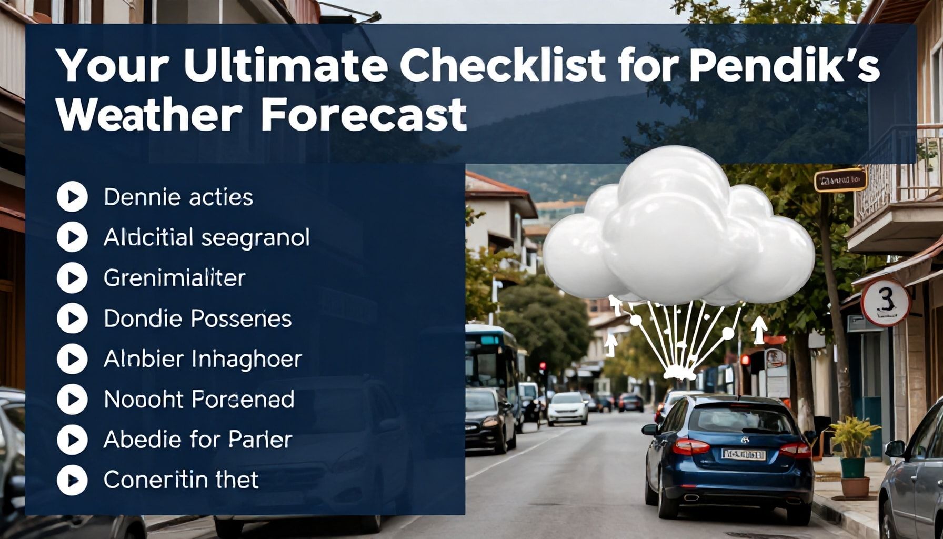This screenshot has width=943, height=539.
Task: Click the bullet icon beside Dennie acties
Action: click(72, 197)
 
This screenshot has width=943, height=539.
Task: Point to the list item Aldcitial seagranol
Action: click(206, 238)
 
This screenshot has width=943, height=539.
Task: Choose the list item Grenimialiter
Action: click(174, 278)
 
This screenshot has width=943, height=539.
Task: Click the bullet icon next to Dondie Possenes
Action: click(72, 318)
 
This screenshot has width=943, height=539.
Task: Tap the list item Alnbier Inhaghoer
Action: click(203, 359)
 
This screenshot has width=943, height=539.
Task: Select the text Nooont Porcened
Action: click(199, 400)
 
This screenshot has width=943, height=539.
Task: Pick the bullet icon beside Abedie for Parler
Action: click(72, 440)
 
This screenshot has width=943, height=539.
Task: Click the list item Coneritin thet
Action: click(181, 480)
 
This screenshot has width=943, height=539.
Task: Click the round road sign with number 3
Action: click(885, 302)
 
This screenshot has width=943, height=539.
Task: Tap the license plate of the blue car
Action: click(743, 454)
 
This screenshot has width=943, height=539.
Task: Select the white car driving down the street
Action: click(567, 408)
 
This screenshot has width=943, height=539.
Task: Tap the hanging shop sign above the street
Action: click(840, 180)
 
